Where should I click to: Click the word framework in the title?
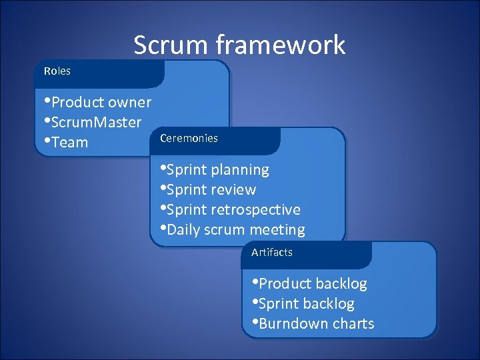coord(280,45)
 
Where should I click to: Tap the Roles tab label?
coord(57,71)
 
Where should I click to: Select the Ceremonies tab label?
coord(189,138)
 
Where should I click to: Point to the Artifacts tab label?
coord(271,252)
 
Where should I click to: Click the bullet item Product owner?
coord(101,103)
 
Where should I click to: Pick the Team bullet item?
coord(69,143)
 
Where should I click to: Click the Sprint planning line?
coord(217,170)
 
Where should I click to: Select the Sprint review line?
coord(211,190)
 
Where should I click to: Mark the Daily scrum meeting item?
coord(235,230)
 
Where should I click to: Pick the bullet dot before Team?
coord(47,141)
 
